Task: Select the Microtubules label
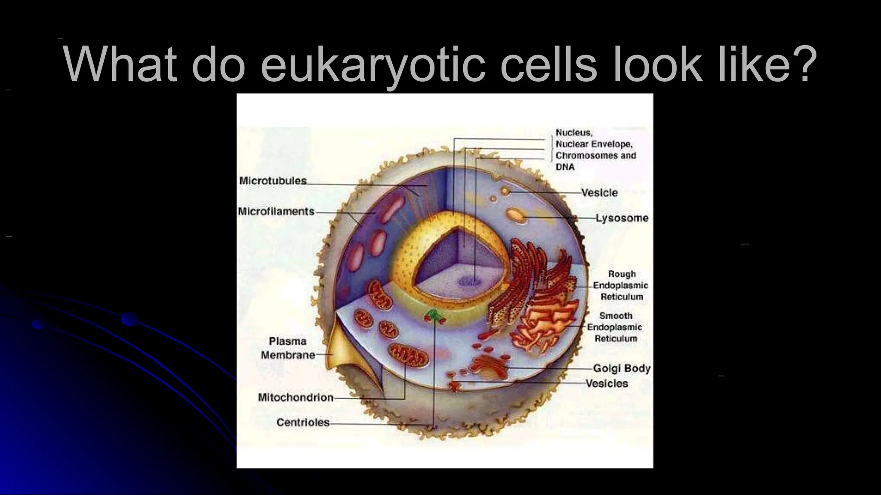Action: [273, 181]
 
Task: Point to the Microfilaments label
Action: [276, 211]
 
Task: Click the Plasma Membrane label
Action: [288, 348]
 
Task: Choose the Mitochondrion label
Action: [296, 397]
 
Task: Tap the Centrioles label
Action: [303, 422]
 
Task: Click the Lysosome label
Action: [622, 218]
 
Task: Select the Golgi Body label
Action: [622, 368]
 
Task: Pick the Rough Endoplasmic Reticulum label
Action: [621, 285]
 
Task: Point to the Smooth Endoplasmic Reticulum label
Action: [615, 327]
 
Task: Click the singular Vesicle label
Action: [599, 192]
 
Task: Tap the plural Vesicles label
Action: [607, 383]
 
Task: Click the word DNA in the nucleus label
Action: [565, 167]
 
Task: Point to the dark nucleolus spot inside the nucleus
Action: [467, 281]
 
